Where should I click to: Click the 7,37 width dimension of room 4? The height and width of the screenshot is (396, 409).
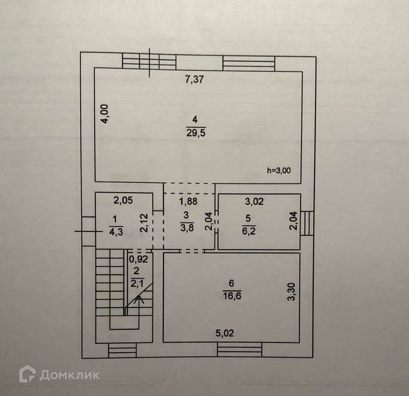point(194,79)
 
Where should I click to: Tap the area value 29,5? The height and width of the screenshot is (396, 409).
point(195,132)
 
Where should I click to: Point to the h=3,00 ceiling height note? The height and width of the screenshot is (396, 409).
point(279,171)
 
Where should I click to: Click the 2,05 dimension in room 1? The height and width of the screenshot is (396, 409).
point(123,200)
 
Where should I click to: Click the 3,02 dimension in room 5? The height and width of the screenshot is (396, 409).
point(254,200)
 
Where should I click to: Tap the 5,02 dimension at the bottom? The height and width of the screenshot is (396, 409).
point(225,333)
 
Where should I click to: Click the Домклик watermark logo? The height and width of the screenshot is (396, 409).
point(59,375)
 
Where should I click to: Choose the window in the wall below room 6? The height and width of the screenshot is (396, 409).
point(239,350)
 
